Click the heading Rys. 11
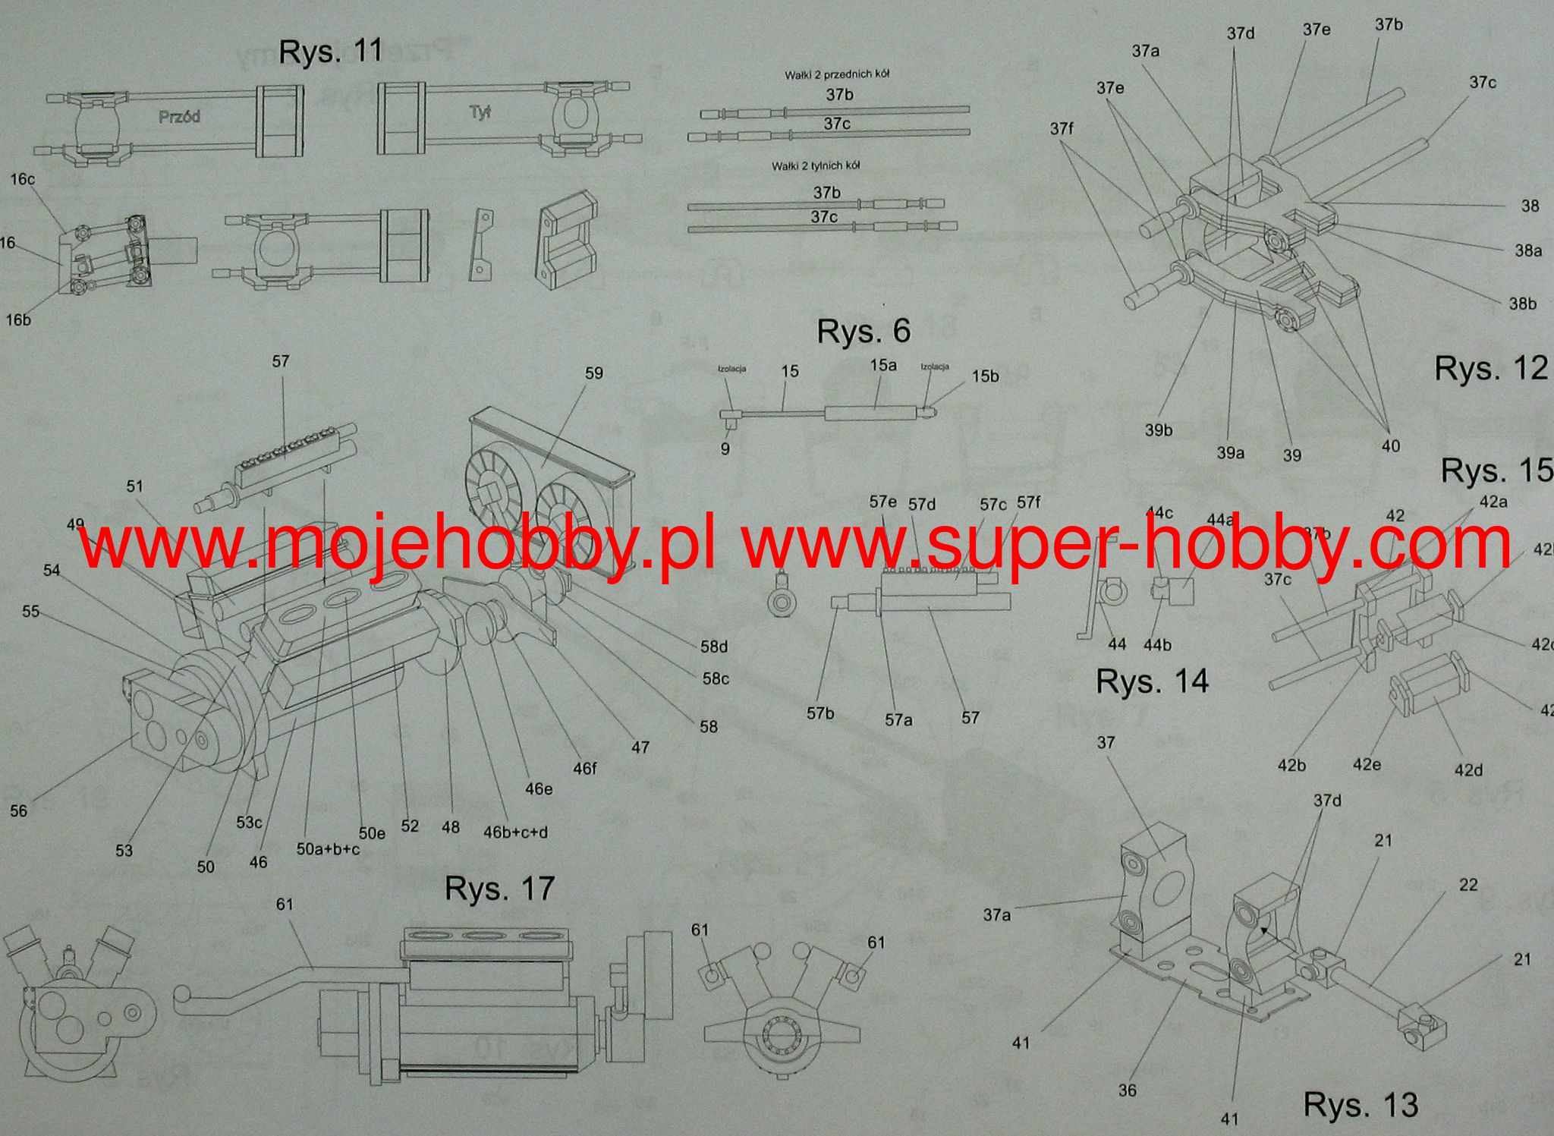tap(330, 52)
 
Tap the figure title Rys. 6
tap(864, 332)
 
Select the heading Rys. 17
tap(499, 889)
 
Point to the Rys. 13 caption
tap(1361, 1104)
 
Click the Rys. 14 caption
tap(1152, 681)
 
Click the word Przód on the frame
tap(179, 117)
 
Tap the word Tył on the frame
tap(480, 113)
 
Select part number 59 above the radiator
tap(593, 373)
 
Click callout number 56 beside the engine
tap(18, 811)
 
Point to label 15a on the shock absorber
tap(883, 365)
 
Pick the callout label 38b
tap(1522, 304)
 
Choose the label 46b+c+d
tap(515, 832)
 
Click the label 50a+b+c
tap(327, 849)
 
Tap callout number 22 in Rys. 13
tap(1468, 885)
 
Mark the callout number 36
tap(1128, 1090)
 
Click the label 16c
tap(22, 180)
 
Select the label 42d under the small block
tap(1468, 770)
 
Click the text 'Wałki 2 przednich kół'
tap(837, 74)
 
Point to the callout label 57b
tap(819, 713)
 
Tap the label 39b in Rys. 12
tap(1159, 430)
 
